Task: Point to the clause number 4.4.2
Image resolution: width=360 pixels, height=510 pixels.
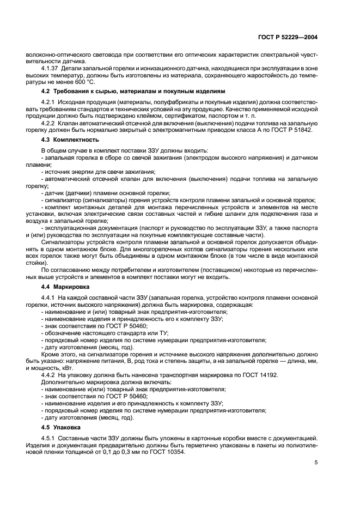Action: pos(49,375)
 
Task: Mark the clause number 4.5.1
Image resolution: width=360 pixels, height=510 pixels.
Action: pos(49,438)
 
